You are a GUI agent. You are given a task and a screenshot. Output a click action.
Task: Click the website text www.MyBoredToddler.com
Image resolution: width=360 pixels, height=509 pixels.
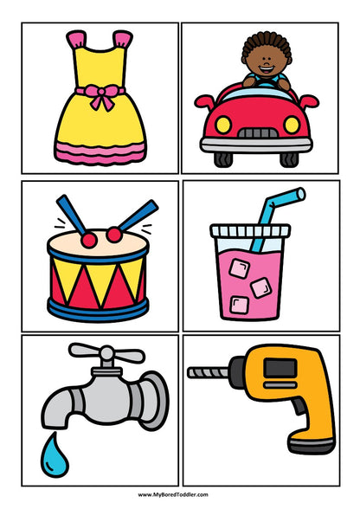(180, 494)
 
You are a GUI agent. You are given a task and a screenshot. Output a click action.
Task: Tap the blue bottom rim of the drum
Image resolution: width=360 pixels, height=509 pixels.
(98, 306)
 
